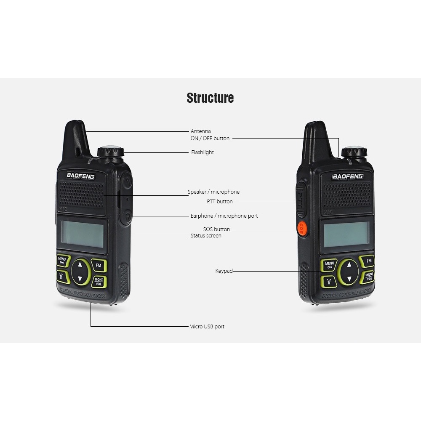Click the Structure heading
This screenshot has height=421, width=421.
[x=210, y=98]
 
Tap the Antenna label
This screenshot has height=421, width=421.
[x=200, y=131]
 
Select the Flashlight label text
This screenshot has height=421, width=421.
[x=203, y=152]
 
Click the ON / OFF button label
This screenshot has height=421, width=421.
[x=210, y=138]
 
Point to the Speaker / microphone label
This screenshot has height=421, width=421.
[x=213, y=192]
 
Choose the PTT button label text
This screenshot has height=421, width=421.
[x=219, y=202]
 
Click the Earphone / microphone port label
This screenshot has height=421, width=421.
[x=224, y=216]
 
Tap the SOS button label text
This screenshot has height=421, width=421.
[x=216, y=229]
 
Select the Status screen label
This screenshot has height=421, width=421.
[x=206, y=236]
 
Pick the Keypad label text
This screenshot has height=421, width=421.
[x=224, y=272]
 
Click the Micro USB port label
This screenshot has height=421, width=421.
[x=207, y=327]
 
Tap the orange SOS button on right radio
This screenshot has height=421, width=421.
[x=301, y=229]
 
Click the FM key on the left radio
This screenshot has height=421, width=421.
[x=99, y=265]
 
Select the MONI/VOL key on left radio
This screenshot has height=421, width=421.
[x=99, y=281]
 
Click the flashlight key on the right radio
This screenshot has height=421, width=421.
[x=328, y=281]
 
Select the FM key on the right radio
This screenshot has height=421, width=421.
[x=369, y=261]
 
